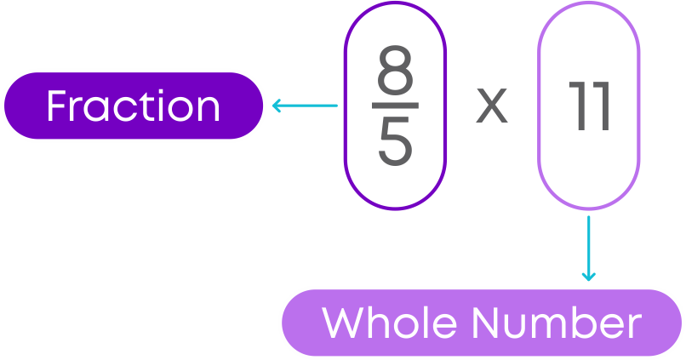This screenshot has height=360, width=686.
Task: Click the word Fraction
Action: (134, 106)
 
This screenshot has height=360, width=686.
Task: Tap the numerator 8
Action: (395, 70)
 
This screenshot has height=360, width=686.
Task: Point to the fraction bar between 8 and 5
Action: (395, 106)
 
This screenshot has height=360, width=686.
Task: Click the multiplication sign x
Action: (492, 106)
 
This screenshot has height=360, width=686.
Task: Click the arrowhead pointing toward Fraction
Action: (277, 106)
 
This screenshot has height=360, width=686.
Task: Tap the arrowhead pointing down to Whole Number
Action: (588, 276)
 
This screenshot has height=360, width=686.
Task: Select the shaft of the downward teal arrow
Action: (588, 248)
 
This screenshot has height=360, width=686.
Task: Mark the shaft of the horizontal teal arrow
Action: (306, 106)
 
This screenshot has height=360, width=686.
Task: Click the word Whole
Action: (389, 323)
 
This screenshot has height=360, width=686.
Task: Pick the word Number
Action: (557, 323)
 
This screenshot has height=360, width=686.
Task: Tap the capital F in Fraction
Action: (56, 106)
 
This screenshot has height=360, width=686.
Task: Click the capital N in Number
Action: (487, 323)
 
